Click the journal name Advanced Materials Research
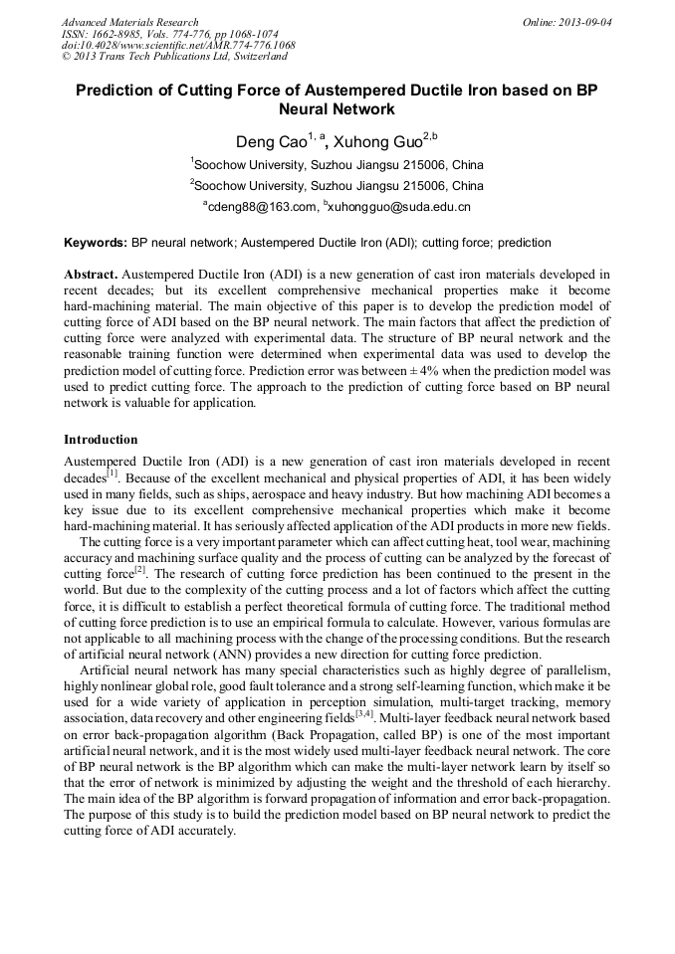(x=129, y=22)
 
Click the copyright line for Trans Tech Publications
(x=174, y=58)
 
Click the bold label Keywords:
(x=96, y=243)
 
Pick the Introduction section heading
(x=101, y=439)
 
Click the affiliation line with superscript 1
(x=337, y=164)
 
